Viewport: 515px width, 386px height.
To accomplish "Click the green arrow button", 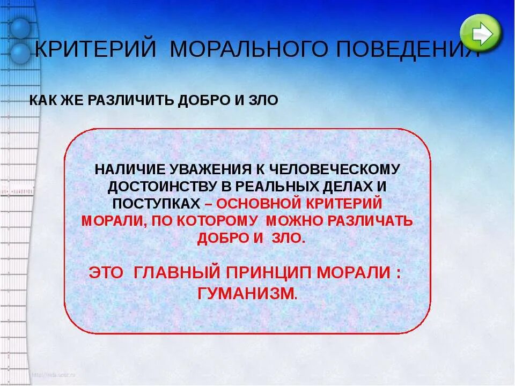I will coord(481,33).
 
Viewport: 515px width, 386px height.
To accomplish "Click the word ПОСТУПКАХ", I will coord(156,204).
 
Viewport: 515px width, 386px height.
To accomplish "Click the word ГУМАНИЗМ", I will coord(246,293).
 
